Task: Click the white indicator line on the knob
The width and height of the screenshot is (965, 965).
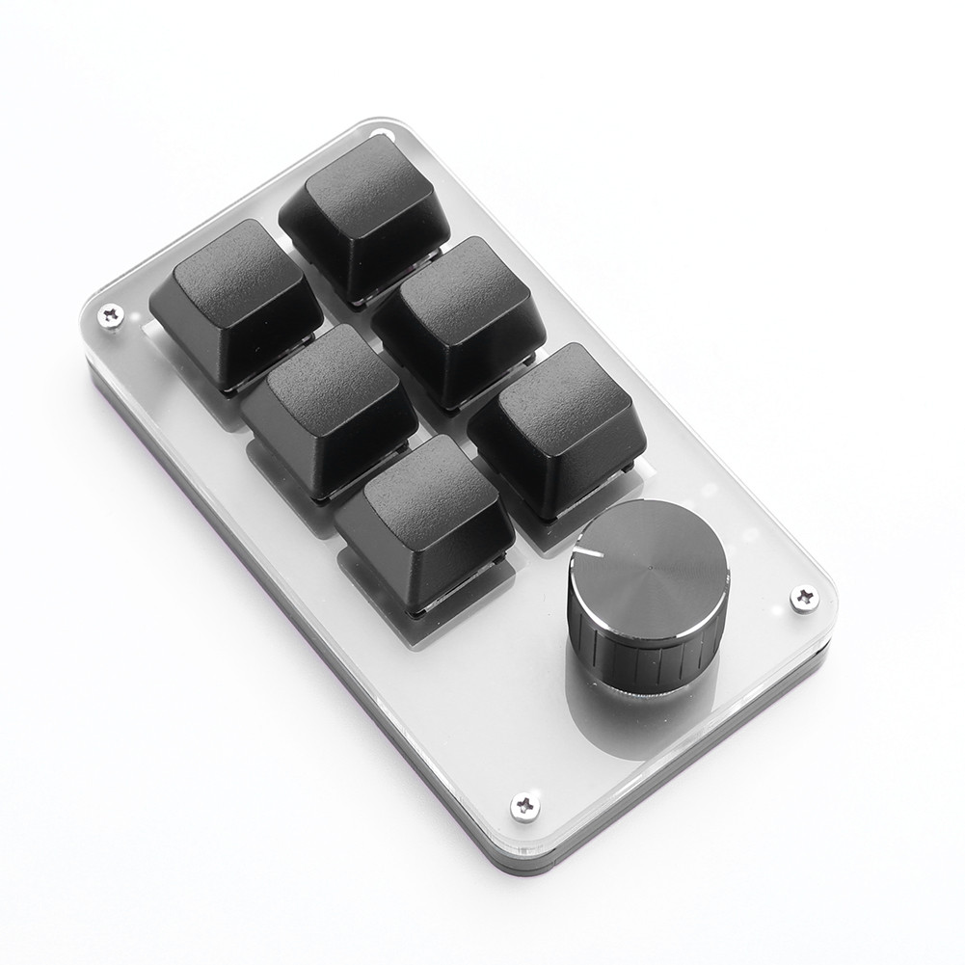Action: coord(585,552)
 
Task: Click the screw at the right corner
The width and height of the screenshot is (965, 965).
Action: coord(804,598)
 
